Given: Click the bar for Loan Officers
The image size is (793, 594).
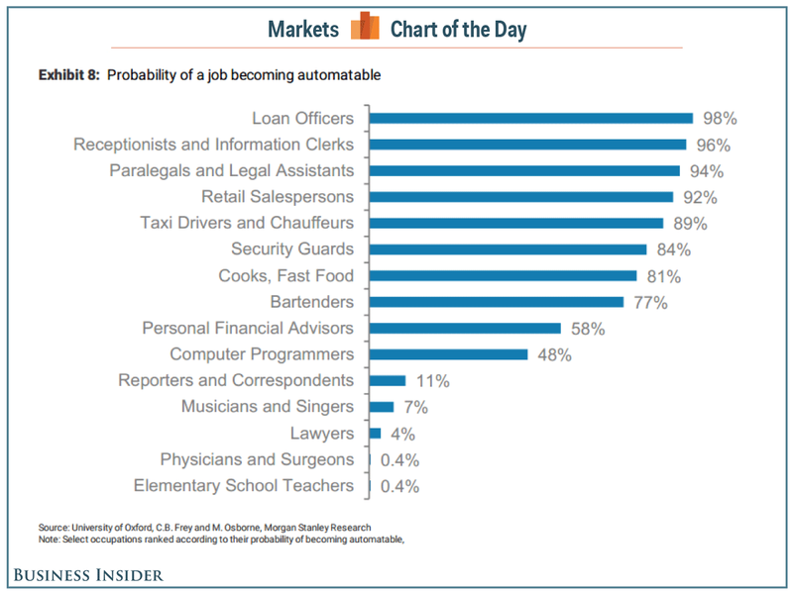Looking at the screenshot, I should tap(530, 119).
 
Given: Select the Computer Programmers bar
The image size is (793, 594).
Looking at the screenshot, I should tap(448, 354).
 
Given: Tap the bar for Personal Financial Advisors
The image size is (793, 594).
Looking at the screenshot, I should tap(465, 328).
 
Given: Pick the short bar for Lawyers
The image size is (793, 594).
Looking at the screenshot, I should tap(375, 433).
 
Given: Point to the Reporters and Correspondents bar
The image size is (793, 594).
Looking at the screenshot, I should tap(387, 380).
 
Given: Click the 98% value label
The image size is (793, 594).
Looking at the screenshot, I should tap(720, 119).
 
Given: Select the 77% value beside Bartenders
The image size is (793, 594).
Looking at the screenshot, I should tap(650, 302).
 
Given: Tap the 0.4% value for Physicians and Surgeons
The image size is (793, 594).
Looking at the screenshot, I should tap(400, 459).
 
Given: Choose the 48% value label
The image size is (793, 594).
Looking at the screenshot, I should tap(554, 354).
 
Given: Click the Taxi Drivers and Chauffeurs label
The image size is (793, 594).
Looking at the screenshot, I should tap(247, 223).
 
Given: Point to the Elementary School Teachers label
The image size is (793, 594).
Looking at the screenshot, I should tap(243, 485).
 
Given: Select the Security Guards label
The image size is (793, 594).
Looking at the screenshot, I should tap(291, 249).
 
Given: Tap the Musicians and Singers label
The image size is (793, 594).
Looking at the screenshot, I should tap(267, 407).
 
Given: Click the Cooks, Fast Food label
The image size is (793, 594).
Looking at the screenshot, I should tap(285, 275).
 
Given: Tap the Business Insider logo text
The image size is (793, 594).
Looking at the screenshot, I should tap(88, 575).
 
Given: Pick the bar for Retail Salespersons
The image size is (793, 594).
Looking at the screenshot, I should tap(520, 197).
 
